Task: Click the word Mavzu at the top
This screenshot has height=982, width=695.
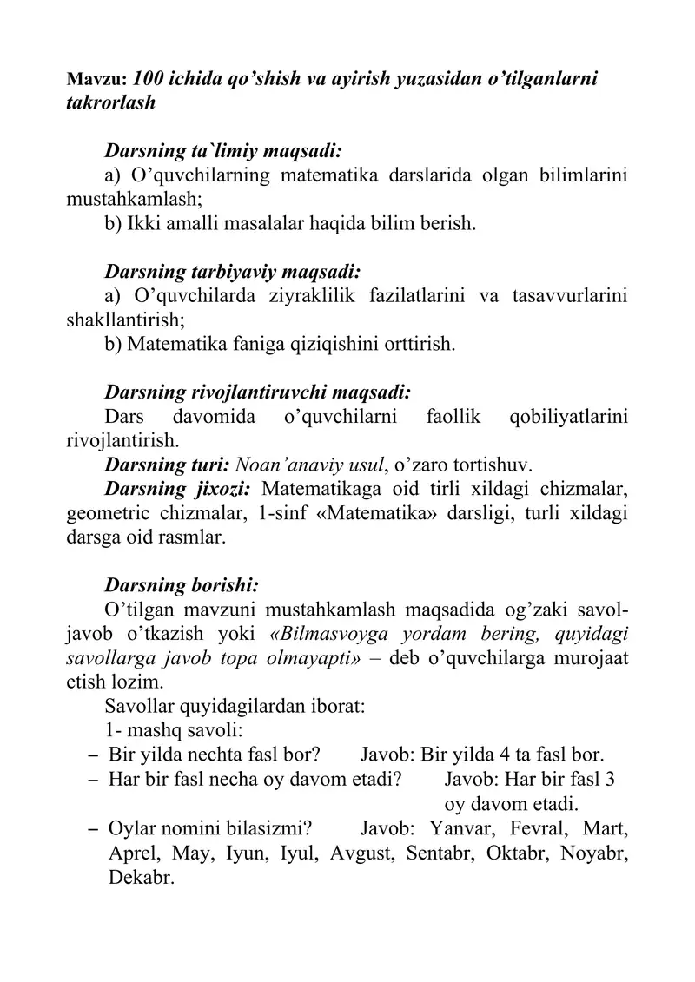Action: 96,78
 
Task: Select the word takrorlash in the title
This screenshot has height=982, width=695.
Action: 110,102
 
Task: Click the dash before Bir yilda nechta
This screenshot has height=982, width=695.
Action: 92,753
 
